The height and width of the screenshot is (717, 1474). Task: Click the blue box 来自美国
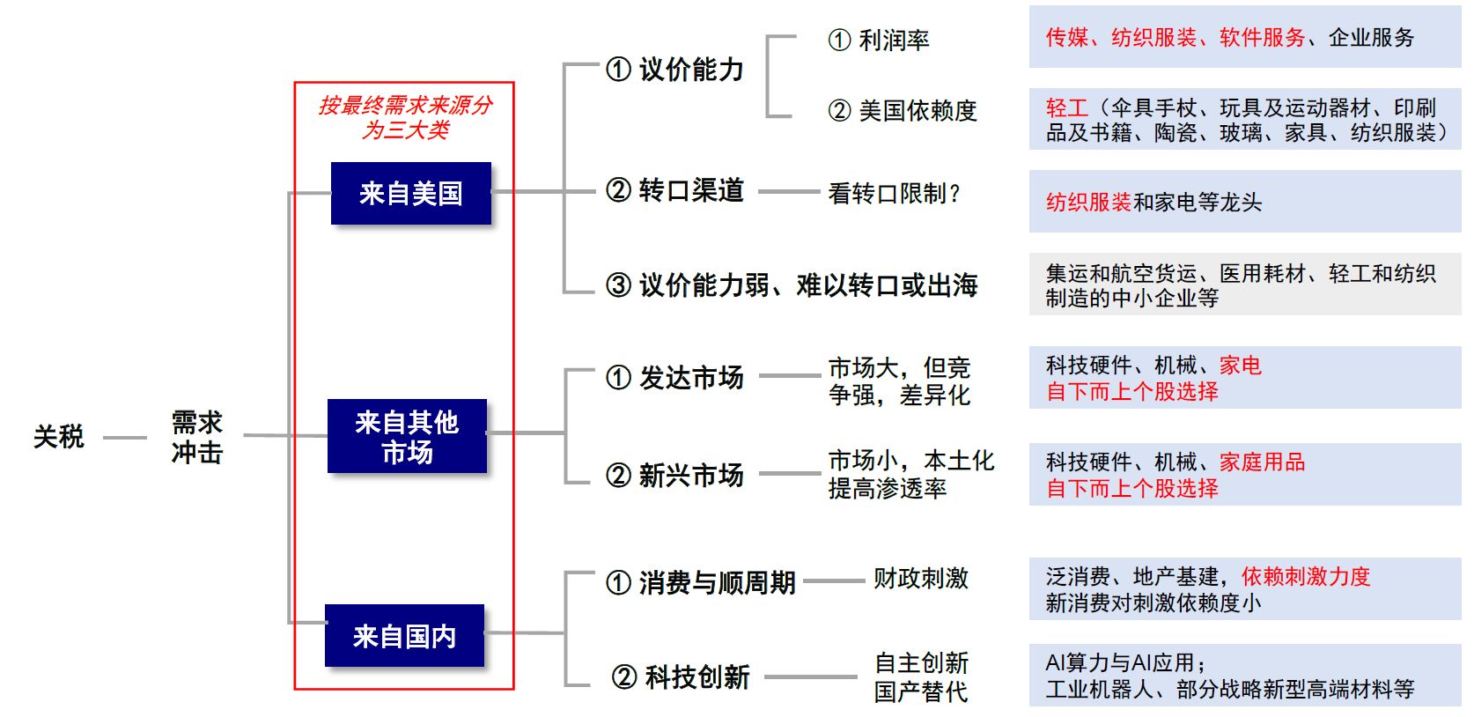[410, 193]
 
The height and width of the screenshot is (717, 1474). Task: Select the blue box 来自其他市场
[407, 436]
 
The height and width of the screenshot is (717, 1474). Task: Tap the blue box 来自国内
[404, 635]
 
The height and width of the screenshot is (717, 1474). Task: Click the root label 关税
[58, 436]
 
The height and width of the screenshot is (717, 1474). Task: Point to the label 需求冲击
[197, 437]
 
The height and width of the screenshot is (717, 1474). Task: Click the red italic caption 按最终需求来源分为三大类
[405, 117]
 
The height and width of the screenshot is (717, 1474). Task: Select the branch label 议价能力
[691, 69]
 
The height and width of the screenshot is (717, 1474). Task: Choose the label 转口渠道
[691, 189]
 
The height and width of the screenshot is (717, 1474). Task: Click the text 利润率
[894, 40]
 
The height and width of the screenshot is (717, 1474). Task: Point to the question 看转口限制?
[894, 193]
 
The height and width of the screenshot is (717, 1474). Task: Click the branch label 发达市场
[691, 377]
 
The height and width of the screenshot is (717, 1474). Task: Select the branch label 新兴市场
[691, 475]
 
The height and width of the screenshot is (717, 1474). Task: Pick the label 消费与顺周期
[717, 581]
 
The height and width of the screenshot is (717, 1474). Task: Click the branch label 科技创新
[696, 676]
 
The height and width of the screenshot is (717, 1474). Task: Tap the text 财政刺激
[920, 578]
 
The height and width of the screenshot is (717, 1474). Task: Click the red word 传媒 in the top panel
[1066, 37]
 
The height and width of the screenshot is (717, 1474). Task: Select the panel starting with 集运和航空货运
[1244, 285]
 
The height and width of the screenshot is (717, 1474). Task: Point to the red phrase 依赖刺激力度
[1306, 576]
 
